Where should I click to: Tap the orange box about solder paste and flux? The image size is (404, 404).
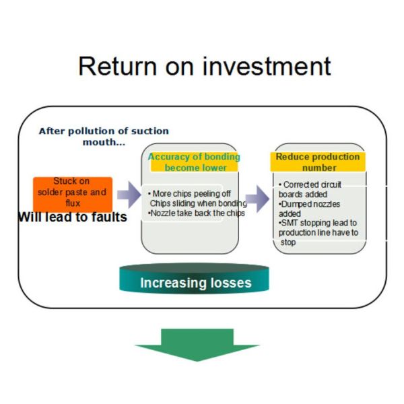click(73, 192)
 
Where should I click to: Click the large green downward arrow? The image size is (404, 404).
click(197, 344)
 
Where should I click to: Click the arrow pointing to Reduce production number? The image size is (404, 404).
click(257, 199)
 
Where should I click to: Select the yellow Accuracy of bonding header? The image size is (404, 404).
click(193, 162)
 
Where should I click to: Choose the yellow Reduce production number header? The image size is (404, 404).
click(318, 162)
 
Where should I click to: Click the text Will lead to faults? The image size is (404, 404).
click(73, 217)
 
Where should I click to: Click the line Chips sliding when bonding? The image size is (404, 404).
click(197, 203)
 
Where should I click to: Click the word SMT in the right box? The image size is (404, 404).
click(292, 223)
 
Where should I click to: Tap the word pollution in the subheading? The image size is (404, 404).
click(94, 131)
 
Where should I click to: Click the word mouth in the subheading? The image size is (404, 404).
click(97, 142)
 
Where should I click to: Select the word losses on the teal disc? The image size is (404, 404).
click(228, 283)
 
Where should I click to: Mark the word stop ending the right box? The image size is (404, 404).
click(288, 242)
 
